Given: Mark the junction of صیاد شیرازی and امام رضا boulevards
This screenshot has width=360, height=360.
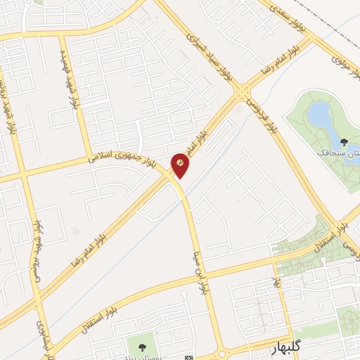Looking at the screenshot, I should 243,94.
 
